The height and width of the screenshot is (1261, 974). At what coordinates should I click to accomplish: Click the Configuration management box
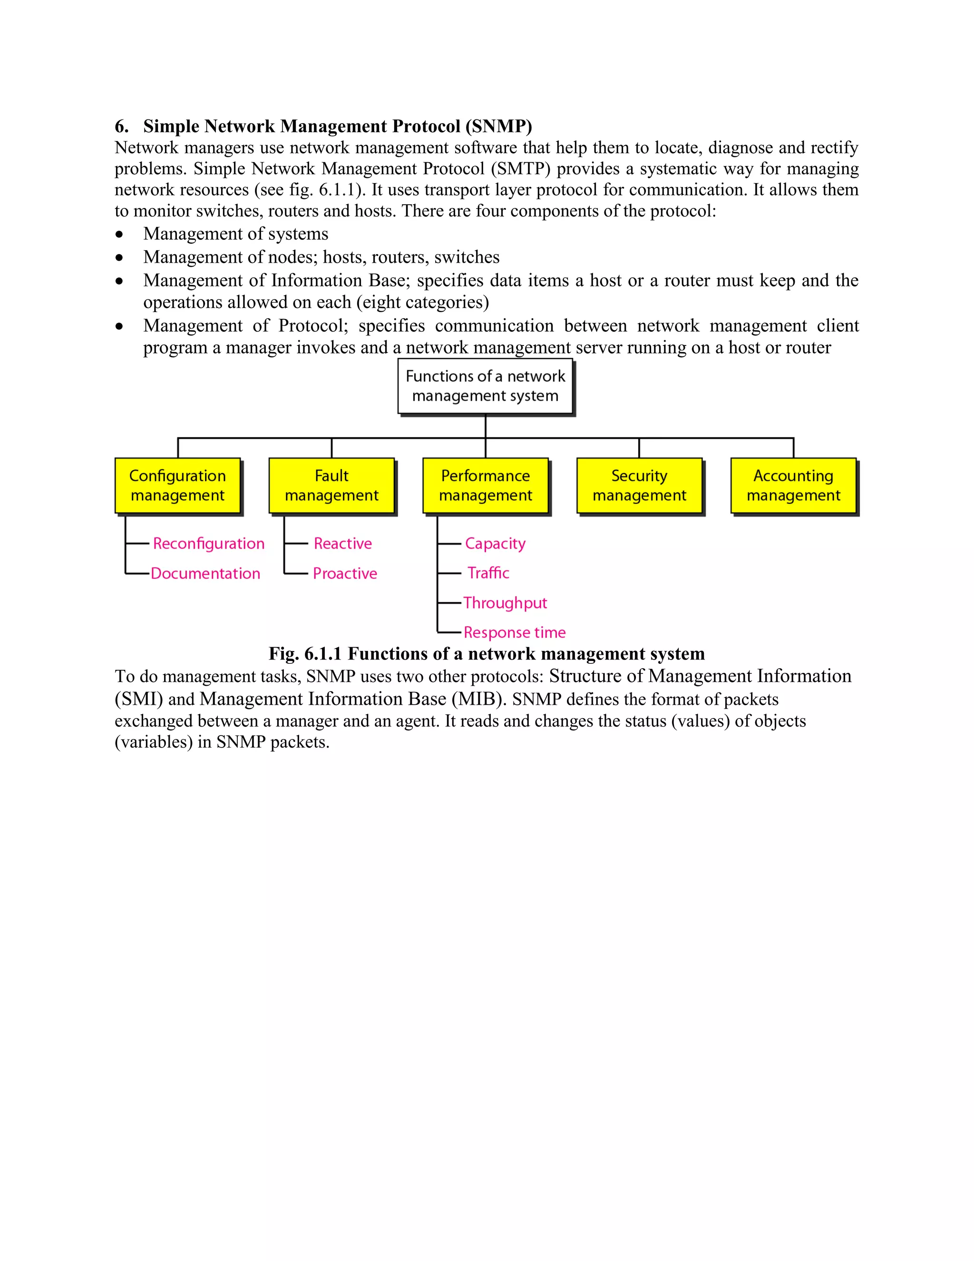pyautogui.click(x=178, y=485)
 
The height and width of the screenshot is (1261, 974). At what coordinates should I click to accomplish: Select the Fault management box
pyautogui.click(x=332, y=485)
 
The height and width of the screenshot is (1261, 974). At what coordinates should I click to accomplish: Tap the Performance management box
pyautogui.click(x=485, y=485)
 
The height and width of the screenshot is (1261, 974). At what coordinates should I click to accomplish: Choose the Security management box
pyautogui.click(x=639, y=485)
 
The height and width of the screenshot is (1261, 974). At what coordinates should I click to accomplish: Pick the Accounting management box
pyautogui.click(x=793, y=485)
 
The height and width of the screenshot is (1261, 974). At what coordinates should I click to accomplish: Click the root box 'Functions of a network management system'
pyautogui.click(x=485, y=386)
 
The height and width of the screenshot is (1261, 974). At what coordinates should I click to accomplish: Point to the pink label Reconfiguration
pyautogui.click(x=208, y=543)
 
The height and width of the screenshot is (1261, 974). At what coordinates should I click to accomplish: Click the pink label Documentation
pyautogui.click(x=205, y=573)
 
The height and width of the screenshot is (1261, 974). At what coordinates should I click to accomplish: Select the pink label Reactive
pyautogui.click(x=343, y=543)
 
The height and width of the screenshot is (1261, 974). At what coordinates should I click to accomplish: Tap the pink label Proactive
pyautogui.click(x=345, y=573)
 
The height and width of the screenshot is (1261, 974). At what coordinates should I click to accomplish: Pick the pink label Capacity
pyautogui.click(x=495, y=544)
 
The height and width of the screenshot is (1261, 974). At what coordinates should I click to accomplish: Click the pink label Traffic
pyautogui.click(x=488, y=573)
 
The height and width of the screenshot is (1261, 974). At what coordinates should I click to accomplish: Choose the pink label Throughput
pyautogui.click(x=505, y=603)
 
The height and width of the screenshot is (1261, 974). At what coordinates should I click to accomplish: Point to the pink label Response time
pyautogui.click(x=515, y=632)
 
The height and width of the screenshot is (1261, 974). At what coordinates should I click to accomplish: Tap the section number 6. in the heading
pyautogui.click(x=121, y=126)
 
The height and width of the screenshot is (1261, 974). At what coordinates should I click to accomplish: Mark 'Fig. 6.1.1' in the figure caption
pyautogui.click(x=305, y=654)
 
